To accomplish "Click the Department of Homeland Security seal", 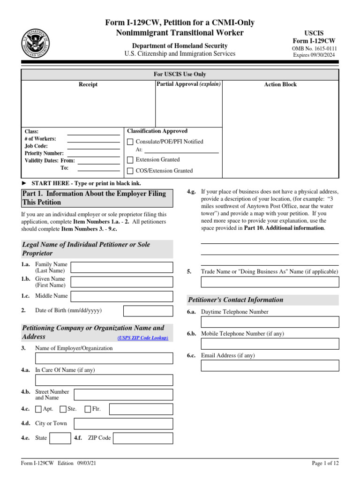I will [x=35, y=43].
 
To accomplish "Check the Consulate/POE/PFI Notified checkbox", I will [x=130, y=142].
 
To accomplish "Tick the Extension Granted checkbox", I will [x=130, y=160].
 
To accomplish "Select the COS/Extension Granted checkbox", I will [x=130, y=171].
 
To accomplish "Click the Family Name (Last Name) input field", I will [x=121, y=268].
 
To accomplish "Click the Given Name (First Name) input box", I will [x=121, y=282].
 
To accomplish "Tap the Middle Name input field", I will [x=121, y=296].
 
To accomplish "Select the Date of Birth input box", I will [x=148, y=311].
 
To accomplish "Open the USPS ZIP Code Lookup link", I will [x=142, y=338].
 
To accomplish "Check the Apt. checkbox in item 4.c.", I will [x=38, y=409].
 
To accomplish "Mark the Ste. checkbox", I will [x=63, y=409].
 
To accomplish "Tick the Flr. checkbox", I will [x=88, y=409].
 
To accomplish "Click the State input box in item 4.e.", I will [x=60, y=438].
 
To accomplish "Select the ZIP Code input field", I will [x=143, y=438].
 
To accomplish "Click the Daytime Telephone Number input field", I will [x=270, y=322].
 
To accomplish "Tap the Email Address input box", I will [x=270, y=366].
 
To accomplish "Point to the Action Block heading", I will [x=280, y=85].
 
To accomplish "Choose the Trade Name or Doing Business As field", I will [x=270, y=282].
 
